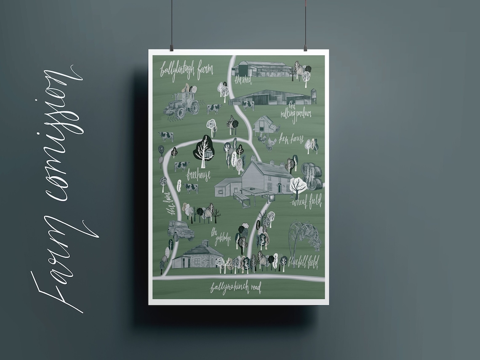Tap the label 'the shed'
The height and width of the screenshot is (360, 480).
(243, 80)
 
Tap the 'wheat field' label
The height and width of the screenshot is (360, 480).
(307, 202)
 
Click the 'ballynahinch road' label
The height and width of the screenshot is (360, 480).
(236, 288)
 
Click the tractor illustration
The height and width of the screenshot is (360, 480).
(182, 104)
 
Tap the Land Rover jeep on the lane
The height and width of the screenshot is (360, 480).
(180, 230)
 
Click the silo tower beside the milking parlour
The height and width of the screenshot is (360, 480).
(313, 96)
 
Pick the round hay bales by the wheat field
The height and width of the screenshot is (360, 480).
(312, 176)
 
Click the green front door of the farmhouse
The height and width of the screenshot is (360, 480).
(278, 187)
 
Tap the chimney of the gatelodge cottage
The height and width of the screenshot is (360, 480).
(205, 243)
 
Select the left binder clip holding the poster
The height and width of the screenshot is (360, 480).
(171, 48)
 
